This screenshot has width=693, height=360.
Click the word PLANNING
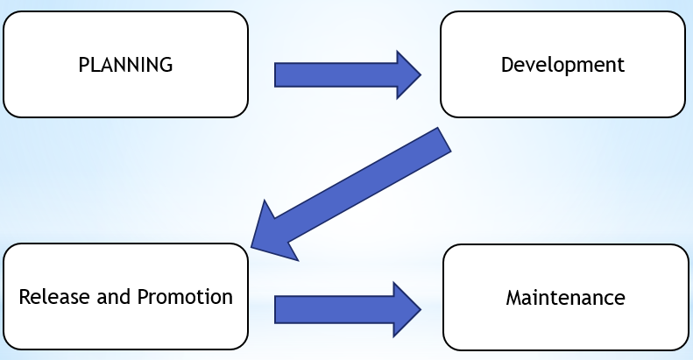[125, 65]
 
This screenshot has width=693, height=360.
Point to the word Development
[562, 65]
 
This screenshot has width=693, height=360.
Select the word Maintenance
[565, 298]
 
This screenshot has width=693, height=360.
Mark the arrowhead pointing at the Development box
[407, 74]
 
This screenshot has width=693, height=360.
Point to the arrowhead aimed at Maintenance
[407, 309]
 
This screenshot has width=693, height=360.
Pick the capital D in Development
[506, 65]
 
